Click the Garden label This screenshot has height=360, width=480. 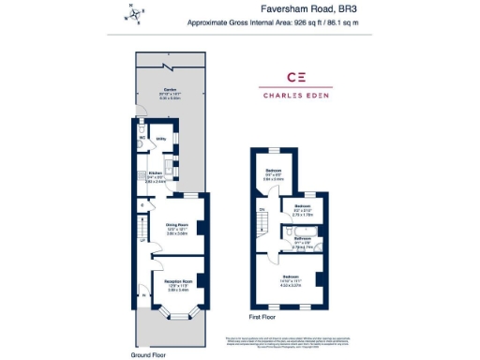click(170, 90)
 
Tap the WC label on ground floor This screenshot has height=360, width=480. click(142, 137)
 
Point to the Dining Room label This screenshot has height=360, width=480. click(178, 225)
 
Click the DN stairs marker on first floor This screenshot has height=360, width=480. click(263, 208)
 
